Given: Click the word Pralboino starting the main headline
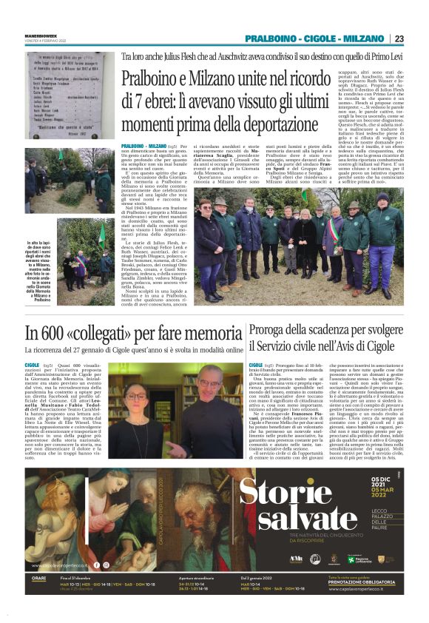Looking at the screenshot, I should (149, 78).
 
